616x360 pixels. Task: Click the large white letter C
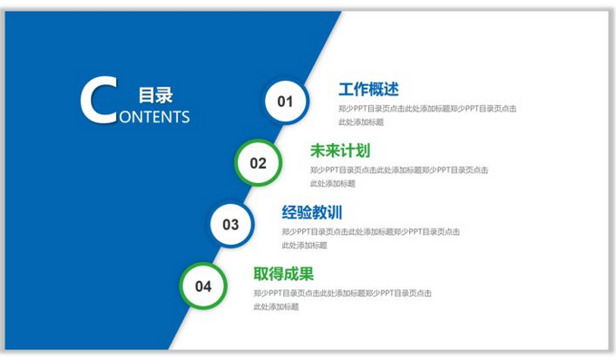click(x=99, y=101)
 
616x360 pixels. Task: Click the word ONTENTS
click(x=154, y=117)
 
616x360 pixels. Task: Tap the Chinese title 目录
click(x=156, y=95)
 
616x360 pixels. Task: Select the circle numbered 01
click(x=286, y=102)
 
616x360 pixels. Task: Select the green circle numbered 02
click(x=259, y=163)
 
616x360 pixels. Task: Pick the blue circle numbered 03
click(x=231, y=225)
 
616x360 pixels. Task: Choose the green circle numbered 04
click(x=203, y=287)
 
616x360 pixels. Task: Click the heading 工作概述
click(x=368, y=90)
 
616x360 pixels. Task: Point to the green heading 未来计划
click(x=340, y=151)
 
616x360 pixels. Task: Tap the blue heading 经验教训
click(x=312, y=213)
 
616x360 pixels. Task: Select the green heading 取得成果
click(x=284, y=274)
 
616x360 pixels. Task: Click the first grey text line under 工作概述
click(x=427, y=109)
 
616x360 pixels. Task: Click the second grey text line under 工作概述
click(x=361, y=122)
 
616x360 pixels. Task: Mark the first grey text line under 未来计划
click(x=399, y=170)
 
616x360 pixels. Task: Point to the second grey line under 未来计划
click(x=332, y=183)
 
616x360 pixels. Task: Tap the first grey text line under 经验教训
click(x=370, y=231)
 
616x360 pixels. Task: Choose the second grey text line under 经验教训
click(x=304, y=245)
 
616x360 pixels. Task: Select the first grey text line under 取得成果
click(x=342, y=293)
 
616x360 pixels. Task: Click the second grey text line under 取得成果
click(x=276, y=306)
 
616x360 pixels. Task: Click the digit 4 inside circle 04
click(x=208, y=287)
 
